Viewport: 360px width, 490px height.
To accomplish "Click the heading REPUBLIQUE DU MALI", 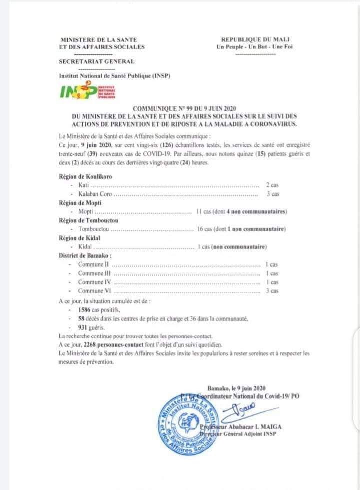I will pos(255,40).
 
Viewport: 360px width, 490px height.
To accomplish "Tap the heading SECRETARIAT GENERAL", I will pos(96,61).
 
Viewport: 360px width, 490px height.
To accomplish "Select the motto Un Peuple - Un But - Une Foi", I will pos(255,47).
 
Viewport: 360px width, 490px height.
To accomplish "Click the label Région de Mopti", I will pos(80,202).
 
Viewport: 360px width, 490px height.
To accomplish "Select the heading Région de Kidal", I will pos(79,238).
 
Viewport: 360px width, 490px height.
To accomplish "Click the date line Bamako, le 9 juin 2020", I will pos(237,387).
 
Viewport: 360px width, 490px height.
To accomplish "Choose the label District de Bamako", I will pos(85,255).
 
